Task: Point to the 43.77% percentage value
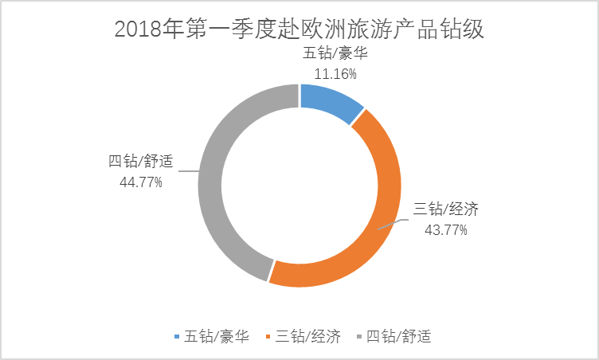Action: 446,230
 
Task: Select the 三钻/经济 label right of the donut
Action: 446,211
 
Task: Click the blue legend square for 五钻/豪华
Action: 176,338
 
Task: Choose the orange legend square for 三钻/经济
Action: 268,338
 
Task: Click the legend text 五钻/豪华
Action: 217,337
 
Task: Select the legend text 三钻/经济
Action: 308,337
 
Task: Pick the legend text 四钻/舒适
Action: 398,337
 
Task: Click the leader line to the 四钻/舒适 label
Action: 190,169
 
